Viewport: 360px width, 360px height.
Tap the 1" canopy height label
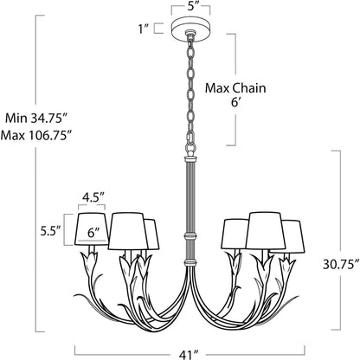click(x=144, y=29)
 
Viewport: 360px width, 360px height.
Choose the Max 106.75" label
click(x=35, y=136)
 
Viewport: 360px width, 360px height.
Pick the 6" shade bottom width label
click(x=92, y=232)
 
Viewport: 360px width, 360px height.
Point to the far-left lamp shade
click(x=90, y=229)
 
